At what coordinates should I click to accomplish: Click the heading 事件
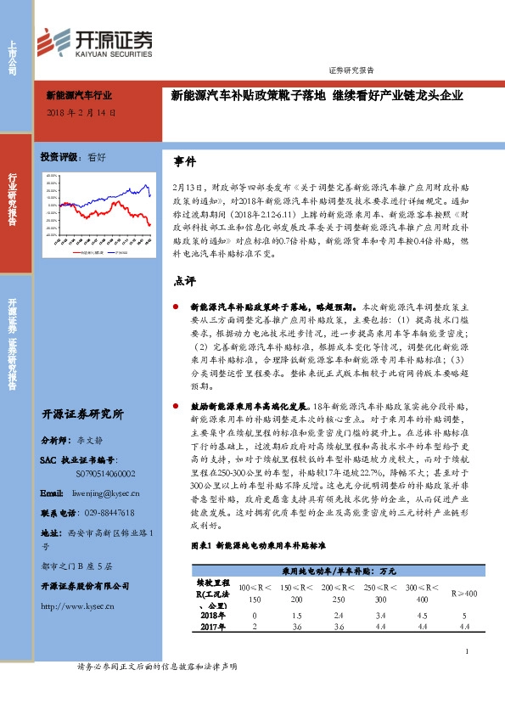pyautogui.click(x=184, y=160)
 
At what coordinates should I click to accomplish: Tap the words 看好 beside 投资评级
pyautogui.click(x=97, y=158)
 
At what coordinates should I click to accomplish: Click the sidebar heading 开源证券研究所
pyautogui.click(x=82, y=414)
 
